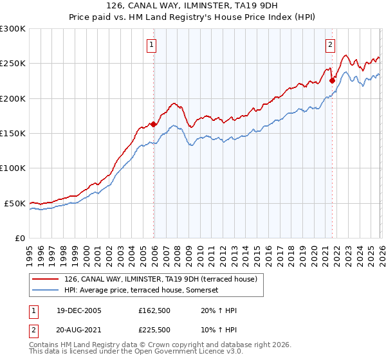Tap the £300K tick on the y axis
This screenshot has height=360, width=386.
pyautogui.click(x=13, y=29)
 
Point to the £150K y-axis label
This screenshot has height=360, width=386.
pyautogui.click(x=13, y=134)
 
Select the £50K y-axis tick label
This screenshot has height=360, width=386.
pyautogui.click(x=15, y=203)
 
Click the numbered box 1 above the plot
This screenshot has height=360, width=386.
pyautogui.click(x=151, y=44)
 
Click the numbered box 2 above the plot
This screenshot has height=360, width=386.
pyautogui.click(x=330, y=44)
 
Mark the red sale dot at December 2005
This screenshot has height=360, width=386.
pyautogui.click(x=154, y=125)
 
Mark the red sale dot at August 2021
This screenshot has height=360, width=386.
pyautogui.click(x=333, y=80)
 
